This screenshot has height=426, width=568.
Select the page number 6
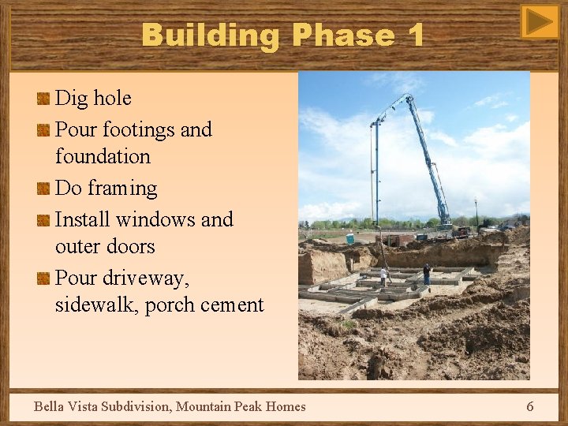[529, 406]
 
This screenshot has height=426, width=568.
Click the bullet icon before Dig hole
[43, 99]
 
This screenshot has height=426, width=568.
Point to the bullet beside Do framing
[43, 189]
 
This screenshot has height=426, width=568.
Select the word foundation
[103, 157]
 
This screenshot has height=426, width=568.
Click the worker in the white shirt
[384, 276]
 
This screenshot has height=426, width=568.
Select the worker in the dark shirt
[427, 274]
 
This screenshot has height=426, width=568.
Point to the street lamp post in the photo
[476, 211]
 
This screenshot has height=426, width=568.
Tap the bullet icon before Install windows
[43, 219]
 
